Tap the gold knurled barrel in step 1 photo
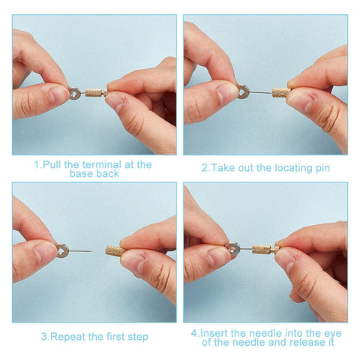click(94, 93)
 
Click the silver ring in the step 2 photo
click(243, 91)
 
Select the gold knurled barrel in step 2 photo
click(280, 92)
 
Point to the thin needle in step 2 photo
click(260, 92)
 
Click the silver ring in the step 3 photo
click(62, 250)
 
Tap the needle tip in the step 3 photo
click(92, 251)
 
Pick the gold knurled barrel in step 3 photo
click(115, 250)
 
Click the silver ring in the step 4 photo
click(232, 249)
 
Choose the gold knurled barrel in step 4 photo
click(261, 249)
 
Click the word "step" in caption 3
click(138, 337)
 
